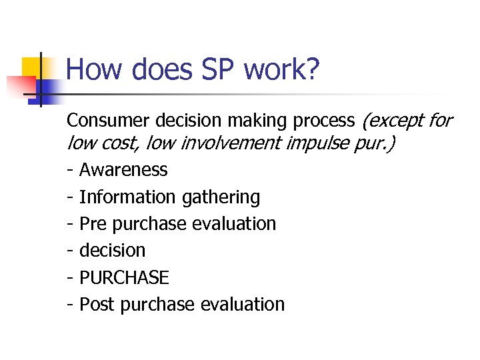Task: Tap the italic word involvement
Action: pos(231,142)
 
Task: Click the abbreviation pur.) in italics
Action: pos(375,143)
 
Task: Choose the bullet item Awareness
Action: pos(123,170)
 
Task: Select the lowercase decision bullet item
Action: pos(112,251)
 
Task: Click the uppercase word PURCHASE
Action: pos(124,277)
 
